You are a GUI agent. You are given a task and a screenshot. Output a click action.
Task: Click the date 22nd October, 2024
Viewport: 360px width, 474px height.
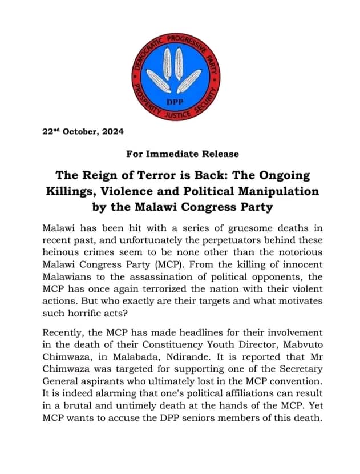pyautogui.click(x=83, y=132)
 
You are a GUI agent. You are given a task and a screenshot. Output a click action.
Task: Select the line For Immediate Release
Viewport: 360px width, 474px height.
pyautogui.click(x=180, y=154)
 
